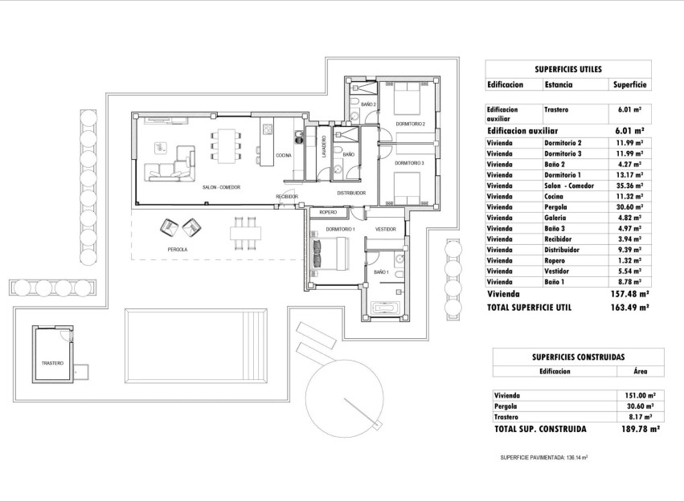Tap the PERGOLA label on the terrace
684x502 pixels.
[177, 250]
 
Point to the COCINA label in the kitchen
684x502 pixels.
[284, 156]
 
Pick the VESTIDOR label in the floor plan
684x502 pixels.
[385, 230]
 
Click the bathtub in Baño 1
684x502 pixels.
[387, 308]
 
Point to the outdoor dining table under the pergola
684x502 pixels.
[245, 233]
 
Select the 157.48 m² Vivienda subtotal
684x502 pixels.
[629, 295]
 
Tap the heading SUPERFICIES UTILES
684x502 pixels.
[568, 69]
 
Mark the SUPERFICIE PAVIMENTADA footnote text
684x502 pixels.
[544, 457]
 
